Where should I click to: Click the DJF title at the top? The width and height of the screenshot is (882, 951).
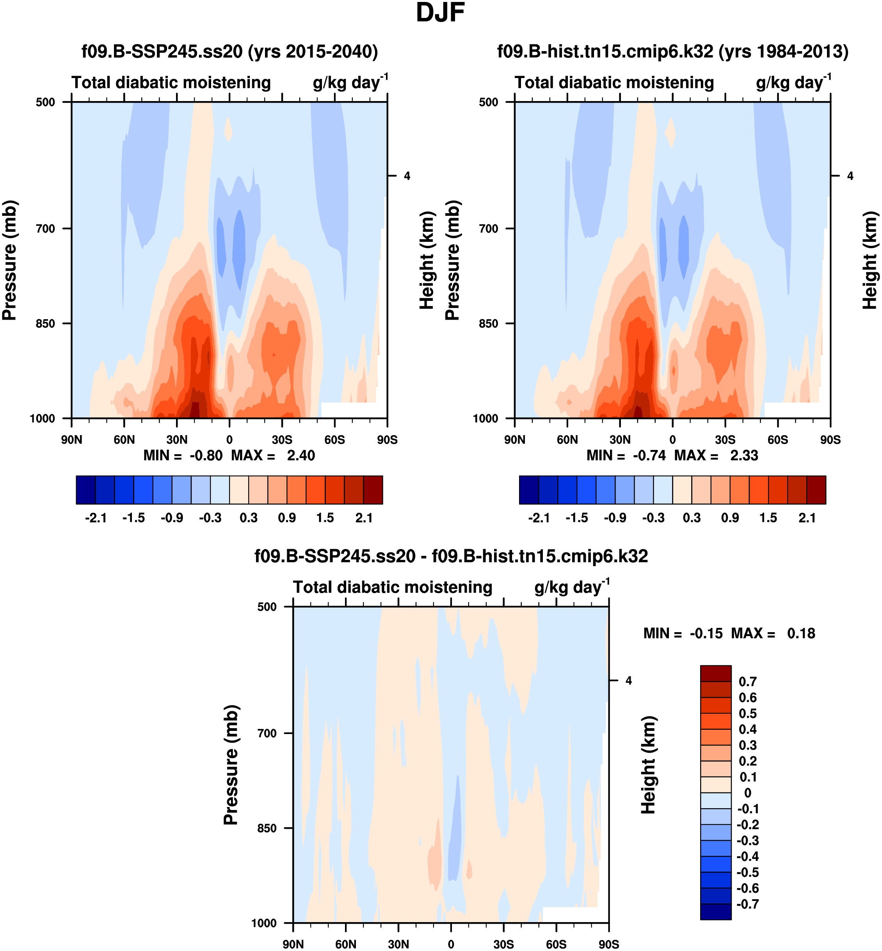pyautogui.click(x=440, y=13)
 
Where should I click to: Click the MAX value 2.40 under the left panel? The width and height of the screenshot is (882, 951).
pyautogui.click(x=301, y=456)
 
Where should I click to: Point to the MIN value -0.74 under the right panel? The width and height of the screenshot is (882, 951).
pyautogui.click(x=649, y=456)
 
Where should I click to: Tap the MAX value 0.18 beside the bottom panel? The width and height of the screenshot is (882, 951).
pyautogui.click(x=801, y=634)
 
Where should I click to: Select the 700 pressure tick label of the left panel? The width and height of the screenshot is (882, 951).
pyautogui.click(x=45, y=229)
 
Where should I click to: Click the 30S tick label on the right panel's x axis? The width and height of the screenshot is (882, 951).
pyautogui.click(x=725, y=440)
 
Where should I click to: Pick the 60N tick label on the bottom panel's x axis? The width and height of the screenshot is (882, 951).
pyautogui.click(x=345, y=944)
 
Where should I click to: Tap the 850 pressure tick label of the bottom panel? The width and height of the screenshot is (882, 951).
pyautogui.click(x=267, y=828)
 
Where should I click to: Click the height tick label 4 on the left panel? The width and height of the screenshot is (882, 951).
pyautogui.click(x=407, y=176)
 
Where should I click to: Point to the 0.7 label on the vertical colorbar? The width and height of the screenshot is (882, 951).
pyautogui.click(x=747, y=682)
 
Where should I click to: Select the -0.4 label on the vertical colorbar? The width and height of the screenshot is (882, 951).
pyautogui.click(x=747, y=857)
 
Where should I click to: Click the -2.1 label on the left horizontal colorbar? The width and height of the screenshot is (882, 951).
pyautogui.click(x=96, y=518)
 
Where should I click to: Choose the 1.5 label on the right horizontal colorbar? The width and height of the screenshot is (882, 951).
pyautogui.click(x=768, y=518)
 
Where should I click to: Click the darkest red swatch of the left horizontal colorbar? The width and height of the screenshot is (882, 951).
pyautogui.click(x=373, y=490)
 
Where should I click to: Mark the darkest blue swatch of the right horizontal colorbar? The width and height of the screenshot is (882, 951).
pyautogui.click(x=529, y=490)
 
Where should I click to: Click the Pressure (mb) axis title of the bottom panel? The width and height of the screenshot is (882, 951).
pyautogui.click(x=231, y=765)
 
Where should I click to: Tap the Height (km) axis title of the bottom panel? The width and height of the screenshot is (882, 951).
pyautogui.click(x=648, y=765)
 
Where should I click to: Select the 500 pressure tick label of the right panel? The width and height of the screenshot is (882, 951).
pyautogui.click(x=488, y=102)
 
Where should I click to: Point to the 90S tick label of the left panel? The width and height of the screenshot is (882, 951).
pyautogui.click(x=387, y=440)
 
